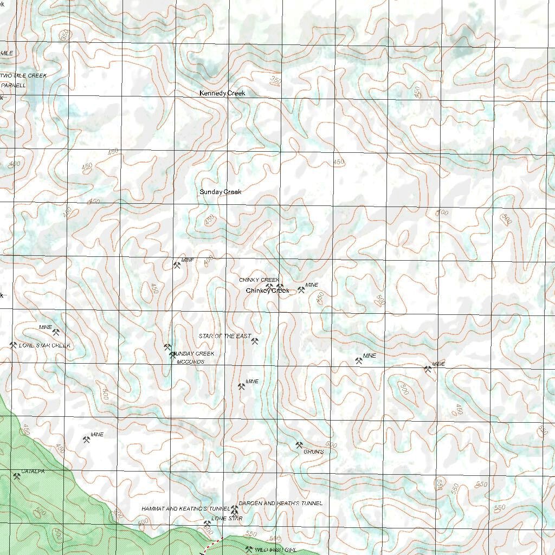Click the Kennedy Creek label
(222, 93)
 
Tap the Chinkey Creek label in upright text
(267, 291)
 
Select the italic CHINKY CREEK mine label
(259, 280)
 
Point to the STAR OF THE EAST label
(224, 337)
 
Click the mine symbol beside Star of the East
(255, 341)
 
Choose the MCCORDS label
(190, 362)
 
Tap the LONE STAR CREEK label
(44, 345)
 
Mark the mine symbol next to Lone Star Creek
(13, 345)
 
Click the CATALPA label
(33, 472)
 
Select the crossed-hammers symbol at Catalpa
(16, 476)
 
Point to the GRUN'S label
(313, 451)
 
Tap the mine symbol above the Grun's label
(299, 445)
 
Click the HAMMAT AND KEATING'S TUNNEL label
(186, 509)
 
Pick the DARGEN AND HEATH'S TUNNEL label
(280, 503)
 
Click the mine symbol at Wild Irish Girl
(249, 549)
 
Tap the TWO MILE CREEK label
(24, 75)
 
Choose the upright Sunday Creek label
(220, 192)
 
